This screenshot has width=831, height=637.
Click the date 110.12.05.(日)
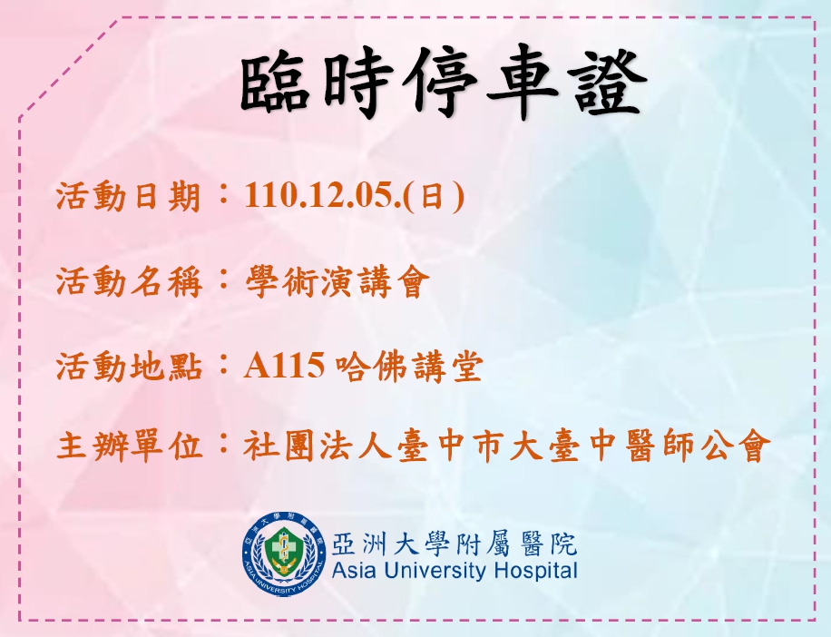tap(354, 196)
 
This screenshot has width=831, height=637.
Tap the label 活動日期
tap(129, 197)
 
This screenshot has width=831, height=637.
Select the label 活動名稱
tap(129, 281)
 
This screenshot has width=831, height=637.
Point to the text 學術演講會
tap(336, 281)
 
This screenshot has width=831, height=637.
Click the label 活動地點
tap(129, 367)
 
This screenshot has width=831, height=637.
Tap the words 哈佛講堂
tap(409, 367)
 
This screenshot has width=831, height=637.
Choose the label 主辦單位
tap(129, 446)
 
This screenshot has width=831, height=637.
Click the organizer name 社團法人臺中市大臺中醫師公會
tap(506, 446)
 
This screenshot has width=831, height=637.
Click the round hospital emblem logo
tap(284, 554)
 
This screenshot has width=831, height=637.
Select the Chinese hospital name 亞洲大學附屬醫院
tap(455, 544)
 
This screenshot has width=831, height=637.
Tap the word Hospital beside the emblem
tap(535, 572)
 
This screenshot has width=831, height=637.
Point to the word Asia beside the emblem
tap(354, 572)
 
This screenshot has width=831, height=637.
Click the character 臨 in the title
tap(275, 83)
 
